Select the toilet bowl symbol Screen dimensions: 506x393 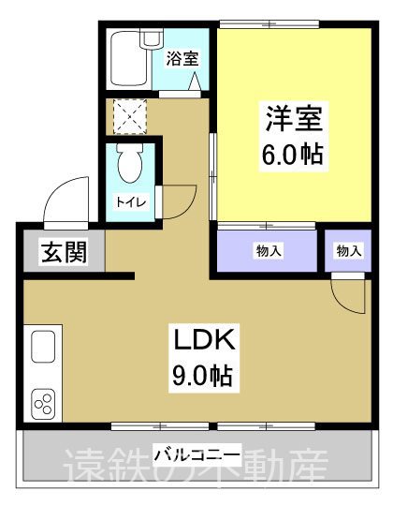click(131, 167)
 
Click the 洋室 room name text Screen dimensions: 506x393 click(292, 121)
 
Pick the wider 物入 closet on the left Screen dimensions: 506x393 click(269, 250)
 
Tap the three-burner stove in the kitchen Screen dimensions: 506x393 click(44, 402)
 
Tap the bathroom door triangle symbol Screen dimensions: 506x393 click(196, 83)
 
